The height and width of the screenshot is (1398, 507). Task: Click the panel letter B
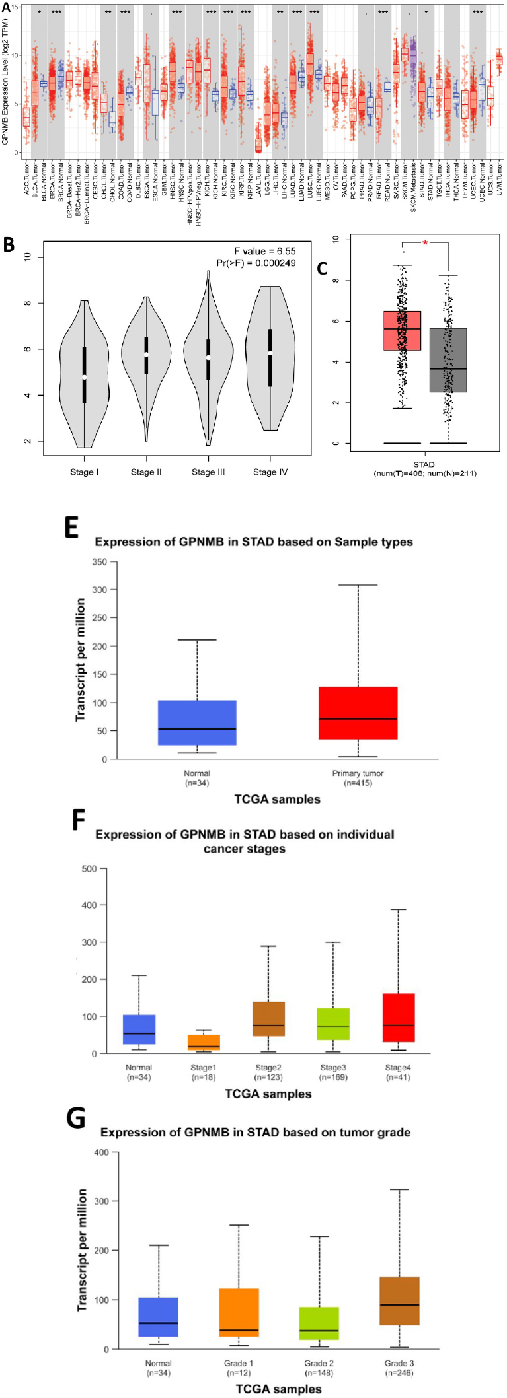tap(9, 244)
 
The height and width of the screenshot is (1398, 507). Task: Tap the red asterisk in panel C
tap(425, 244)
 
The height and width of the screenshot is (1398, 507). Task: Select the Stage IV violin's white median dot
tap(270, 353)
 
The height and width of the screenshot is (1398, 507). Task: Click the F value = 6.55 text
tap(264, 252)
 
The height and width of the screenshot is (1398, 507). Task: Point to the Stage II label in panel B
tap(146, 472)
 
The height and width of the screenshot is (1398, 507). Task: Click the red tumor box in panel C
tap(402, 330)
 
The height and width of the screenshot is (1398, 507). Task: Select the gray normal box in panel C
tap(448, 360)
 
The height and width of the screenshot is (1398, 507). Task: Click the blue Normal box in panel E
tap(197, 722)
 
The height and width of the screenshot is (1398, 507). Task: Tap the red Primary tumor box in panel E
tap(358, 713)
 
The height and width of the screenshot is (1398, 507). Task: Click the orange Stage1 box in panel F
tap(204, 1043)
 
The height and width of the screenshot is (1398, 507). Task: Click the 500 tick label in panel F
tap(89, 868)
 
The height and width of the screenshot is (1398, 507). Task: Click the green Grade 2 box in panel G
tap(319, 1323)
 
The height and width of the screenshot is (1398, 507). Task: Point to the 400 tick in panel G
tap(101, 1152)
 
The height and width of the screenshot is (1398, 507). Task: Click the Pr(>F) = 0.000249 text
tap(256, 263)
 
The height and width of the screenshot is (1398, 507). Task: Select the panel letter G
tap(76, 1119)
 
